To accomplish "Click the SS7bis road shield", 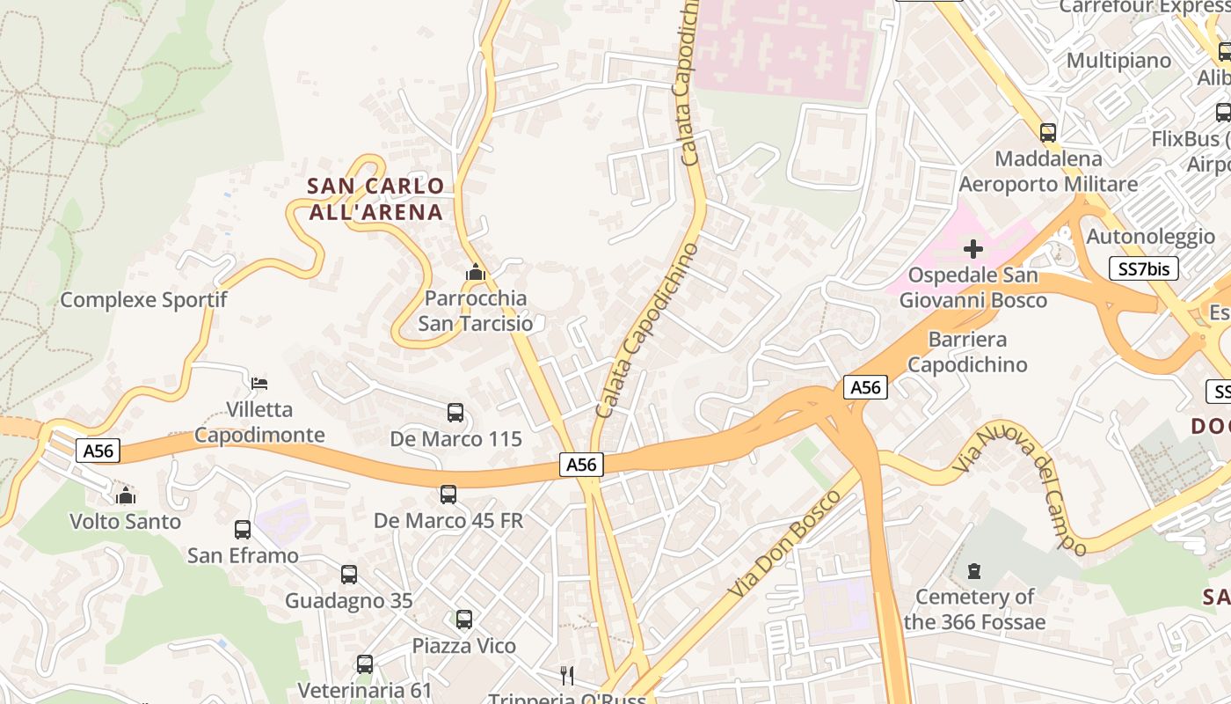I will click(x=1143, y=268).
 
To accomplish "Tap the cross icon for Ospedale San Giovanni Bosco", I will click(x=973, y=249).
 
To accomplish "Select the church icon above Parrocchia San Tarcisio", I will click(x=476, y=273).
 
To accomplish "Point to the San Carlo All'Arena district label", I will click(x=376, y=199).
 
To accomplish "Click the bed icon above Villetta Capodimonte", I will click(x=259, y=384).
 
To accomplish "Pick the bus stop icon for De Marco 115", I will click(x=455, y=412).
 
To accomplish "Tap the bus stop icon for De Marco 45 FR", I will click(x=448, y=495).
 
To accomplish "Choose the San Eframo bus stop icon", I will click(x=243, y=530).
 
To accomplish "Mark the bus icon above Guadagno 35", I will click(x=349, y=575).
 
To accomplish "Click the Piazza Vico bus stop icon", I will click(x=464, y=620).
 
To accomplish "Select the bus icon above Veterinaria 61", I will click(x=365, y=664).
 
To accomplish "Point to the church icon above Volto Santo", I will click(x=126, y=495).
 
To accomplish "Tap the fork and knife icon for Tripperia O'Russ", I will click(x=567, y=676).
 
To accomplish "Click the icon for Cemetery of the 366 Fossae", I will click(x=973, y=571).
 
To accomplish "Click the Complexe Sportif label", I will click(x=143, y=299).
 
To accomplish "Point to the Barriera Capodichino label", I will click(x=967, y=351).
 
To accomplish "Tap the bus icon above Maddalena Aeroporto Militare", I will click(x=1047, y=133).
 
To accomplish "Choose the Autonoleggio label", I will click(x=1150, y=236).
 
